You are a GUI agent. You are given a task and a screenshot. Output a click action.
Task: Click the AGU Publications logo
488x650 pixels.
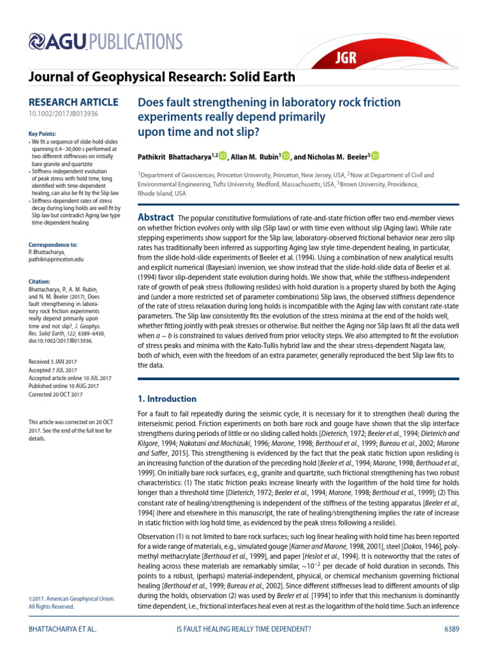click(x=106, y=42)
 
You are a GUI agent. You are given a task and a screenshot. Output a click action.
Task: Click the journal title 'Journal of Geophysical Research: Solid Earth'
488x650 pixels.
click(x=162, y=77)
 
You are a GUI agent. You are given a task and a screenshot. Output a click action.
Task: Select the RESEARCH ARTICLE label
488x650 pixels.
click(x=74, y=102)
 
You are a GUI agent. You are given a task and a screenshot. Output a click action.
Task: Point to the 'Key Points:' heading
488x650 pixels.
click(x=43, y=133)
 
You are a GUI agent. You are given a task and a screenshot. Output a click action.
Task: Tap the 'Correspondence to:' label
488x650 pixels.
click(x=53, y=244)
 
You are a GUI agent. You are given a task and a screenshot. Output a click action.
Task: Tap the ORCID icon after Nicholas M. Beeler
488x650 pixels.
click(x=376, y=156)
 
